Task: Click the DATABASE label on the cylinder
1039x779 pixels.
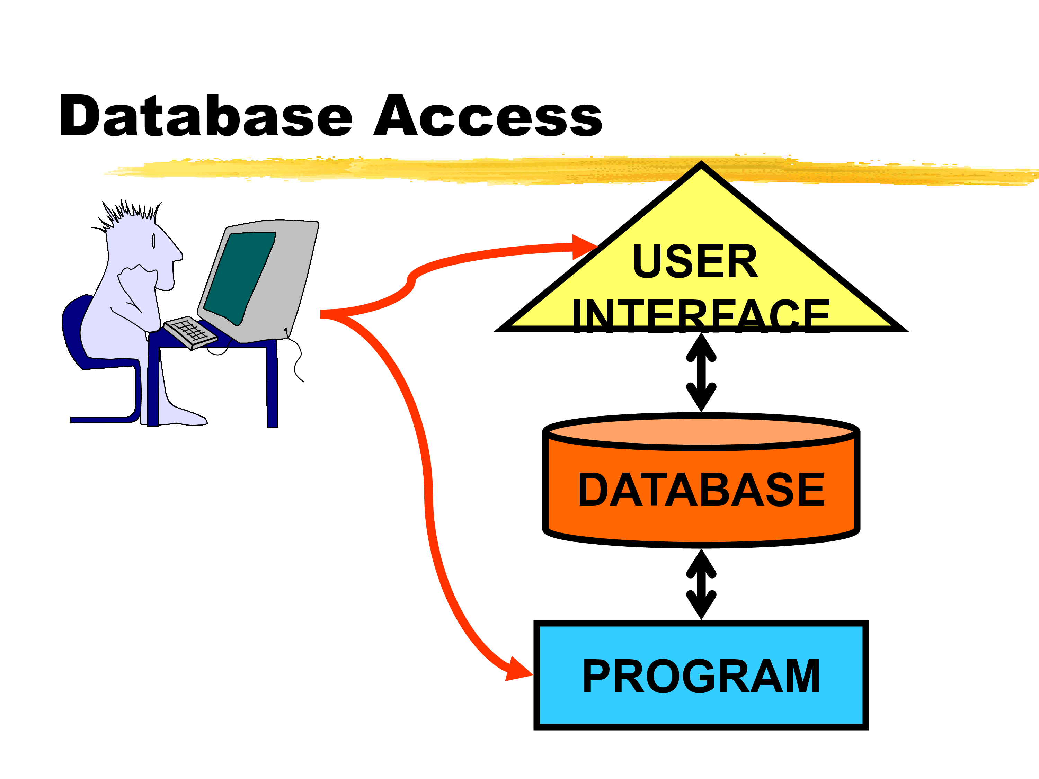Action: pyautogui.click(x=701, y=490)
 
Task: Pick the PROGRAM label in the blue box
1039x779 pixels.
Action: pyautogui.click(x=701, y=676)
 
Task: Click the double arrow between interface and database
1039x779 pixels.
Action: pyautogui.click(x=701, y=372)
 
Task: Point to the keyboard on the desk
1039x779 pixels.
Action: pyautogui.click(x=190, y=332)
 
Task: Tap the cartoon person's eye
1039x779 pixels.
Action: pyautogui.click(x=153, y=241)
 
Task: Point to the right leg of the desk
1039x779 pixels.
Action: pyautogui.click(x=272, y=385)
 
